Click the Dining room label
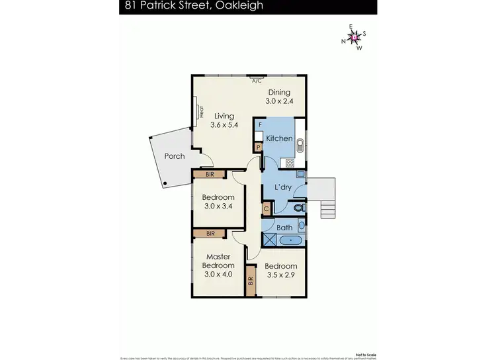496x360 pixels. [x=279, y=93]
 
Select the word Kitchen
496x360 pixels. [x=279, y=138]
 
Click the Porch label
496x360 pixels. [x=175, y=157]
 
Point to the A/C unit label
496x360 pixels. [x=257, y=81]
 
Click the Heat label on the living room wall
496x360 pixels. [x=201, y=112]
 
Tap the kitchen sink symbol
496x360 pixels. [x=299, y=145]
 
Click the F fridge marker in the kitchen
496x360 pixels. [x=260, y=124]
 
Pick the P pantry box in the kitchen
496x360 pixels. [x=258, y=148]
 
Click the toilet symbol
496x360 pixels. [x=298, y=207]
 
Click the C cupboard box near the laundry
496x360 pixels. [x=266, y=208]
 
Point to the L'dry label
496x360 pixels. [x=283, y=188]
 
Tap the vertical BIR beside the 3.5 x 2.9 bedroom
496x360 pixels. [x=251, y=280]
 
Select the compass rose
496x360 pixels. [x=355, y=37]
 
